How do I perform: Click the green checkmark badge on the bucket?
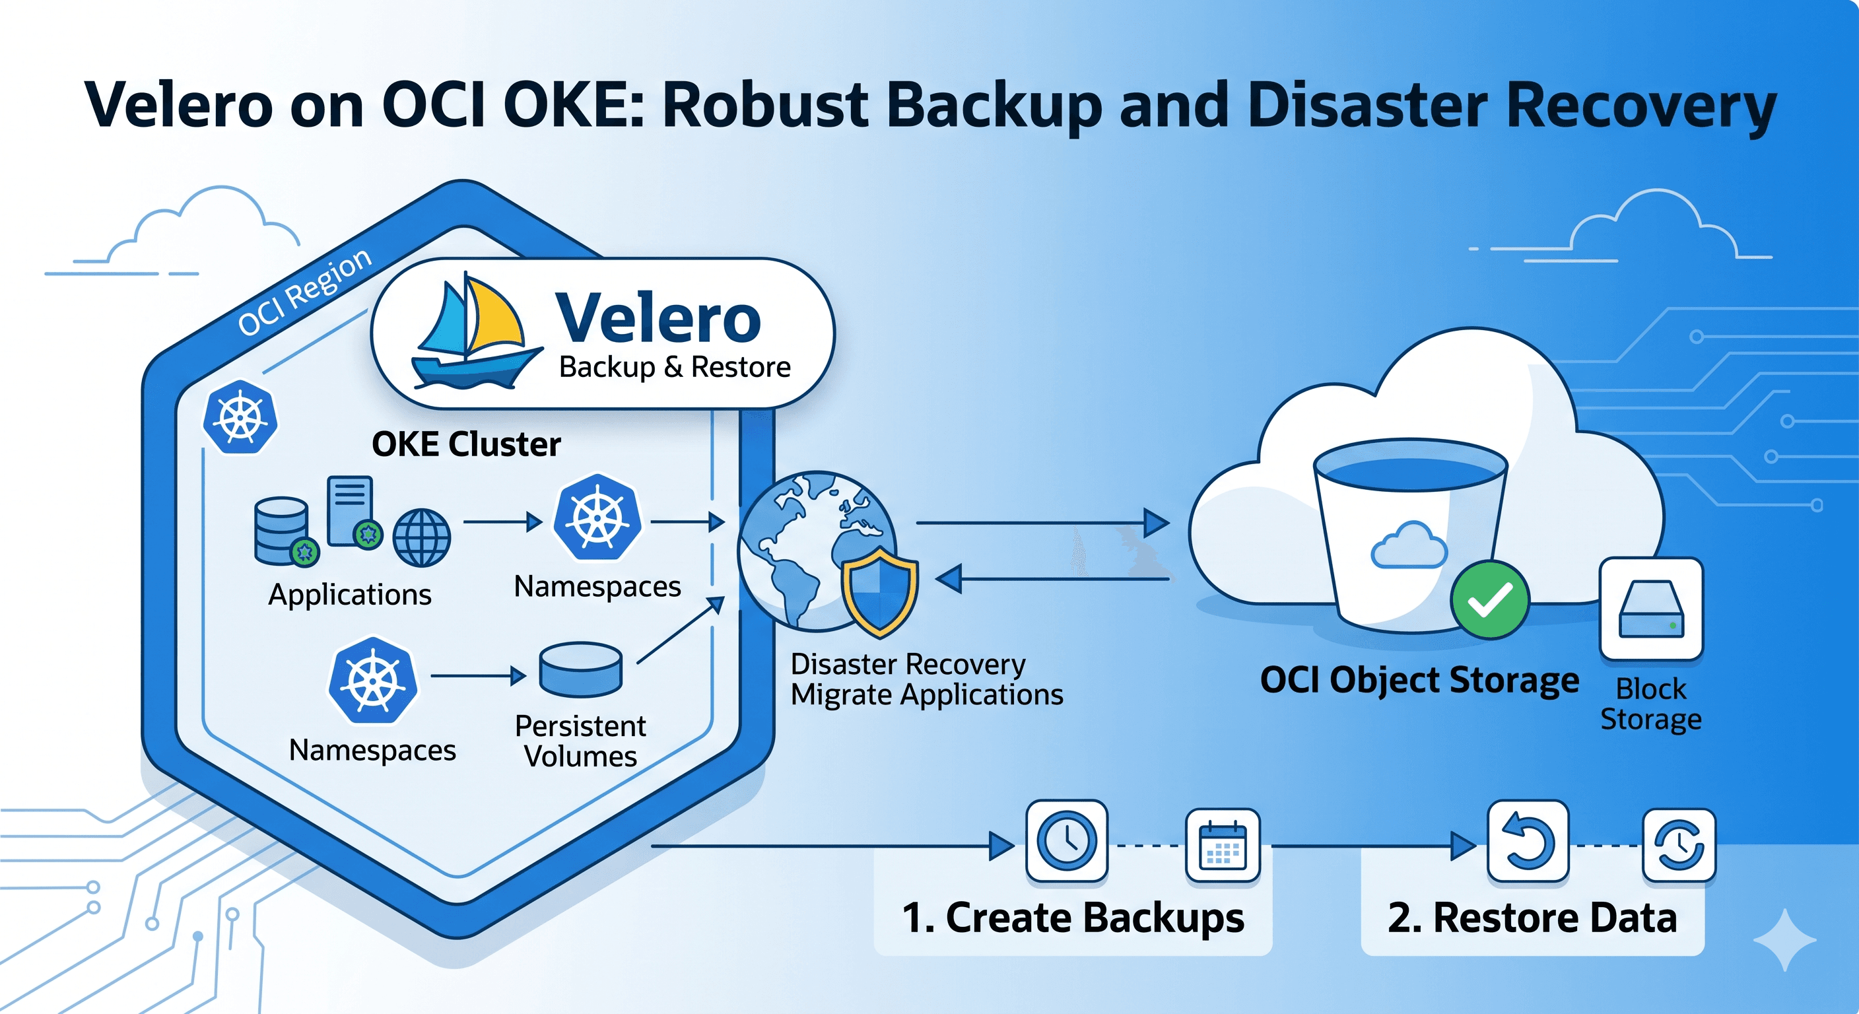point(1489,599)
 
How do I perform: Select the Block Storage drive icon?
point(1651,610)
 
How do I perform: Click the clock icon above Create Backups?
point(1067,841)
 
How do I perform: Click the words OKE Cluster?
point(466,444)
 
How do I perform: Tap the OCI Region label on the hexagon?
point(304,292)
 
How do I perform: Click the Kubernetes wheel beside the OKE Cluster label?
point(240,417)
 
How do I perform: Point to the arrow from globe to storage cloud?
point(1043,523)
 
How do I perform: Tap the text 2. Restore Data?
point(1532,918)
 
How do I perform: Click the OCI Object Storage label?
point(1419,681)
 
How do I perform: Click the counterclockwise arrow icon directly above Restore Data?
point(1528,842)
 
